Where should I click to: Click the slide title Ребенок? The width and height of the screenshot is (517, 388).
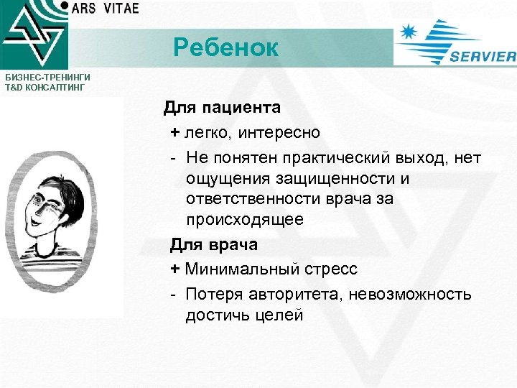[225, 48]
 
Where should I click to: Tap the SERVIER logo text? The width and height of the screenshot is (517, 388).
[483, 57]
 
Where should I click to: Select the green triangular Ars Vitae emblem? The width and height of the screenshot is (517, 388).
[32, 36]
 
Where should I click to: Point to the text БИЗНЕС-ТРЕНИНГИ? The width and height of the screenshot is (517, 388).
[45, 78]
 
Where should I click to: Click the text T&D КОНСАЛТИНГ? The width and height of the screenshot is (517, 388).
[45, 87]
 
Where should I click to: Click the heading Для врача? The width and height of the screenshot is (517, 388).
[213, 245]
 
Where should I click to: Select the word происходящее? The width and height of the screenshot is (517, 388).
[244, 219]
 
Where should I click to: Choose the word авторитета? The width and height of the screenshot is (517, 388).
[299, 294]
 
